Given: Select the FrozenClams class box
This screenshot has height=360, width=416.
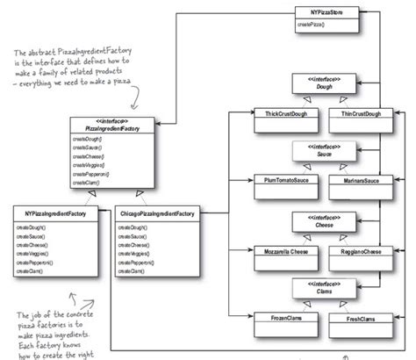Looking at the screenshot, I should point(276,317).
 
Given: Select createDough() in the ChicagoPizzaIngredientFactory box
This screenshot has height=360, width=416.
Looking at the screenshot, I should point(132,227).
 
